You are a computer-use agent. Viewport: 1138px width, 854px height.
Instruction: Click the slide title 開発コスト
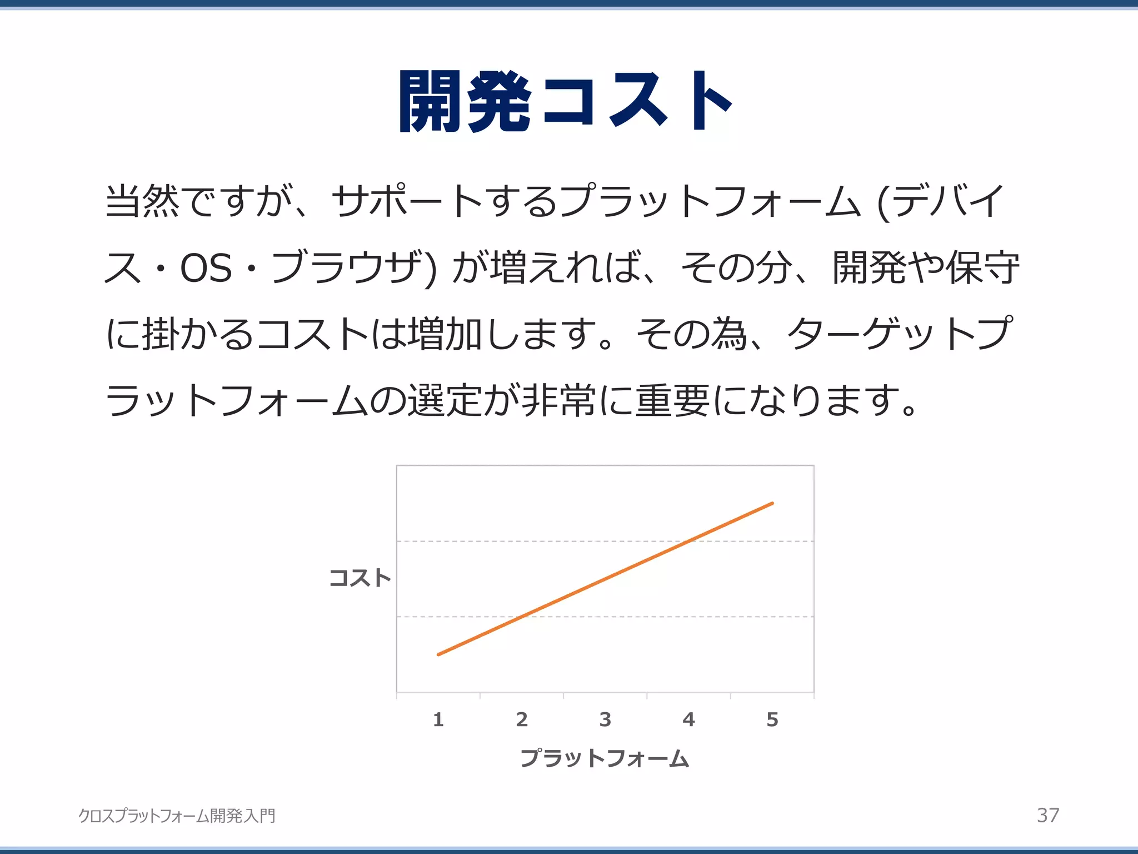(566, 102)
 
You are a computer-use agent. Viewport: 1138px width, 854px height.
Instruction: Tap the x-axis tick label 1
(438, 719)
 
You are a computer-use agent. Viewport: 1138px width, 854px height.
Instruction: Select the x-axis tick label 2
(522, 719)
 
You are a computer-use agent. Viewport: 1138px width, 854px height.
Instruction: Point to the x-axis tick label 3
(605, 719)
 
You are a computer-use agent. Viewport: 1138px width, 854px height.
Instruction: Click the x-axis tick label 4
(688, 719)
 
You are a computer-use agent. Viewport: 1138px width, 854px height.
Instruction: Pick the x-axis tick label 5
(772, 719)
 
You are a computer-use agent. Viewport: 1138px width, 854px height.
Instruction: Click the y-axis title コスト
(360, 578)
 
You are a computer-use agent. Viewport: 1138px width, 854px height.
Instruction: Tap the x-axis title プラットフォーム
(605, 758)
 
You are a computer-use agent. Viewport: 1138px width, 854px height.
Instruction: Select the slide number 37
(1048, 815)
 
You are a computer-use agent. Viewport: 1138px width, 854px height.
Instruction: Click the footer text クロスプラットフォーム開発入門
(177, 816)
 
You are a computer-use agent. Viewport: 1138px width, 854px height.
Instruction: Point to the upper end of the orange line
(772, 503)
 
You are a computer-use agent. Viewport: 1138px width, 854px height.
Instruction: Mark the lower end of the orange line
(438, 654)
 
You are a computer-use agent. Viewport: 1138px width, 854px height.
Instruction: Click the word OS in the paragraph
(206, 268)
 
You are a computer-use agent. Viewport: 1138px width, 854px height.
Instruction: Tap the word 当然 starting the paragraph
(142, 201)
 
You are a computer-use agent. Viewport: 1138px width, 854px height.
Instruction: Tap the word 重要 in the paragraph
(672, 401)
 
